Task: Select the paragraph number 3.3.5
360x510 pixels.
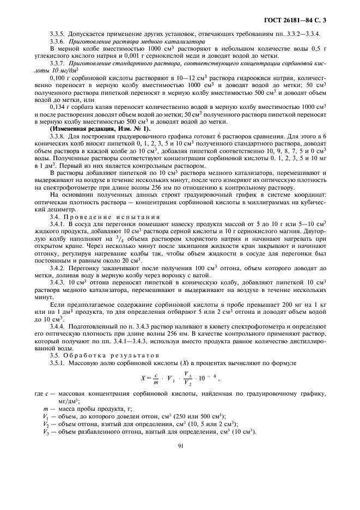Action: tap(57, 34)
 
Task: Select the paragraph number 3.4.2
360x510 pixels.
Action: tap(57, 268)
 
